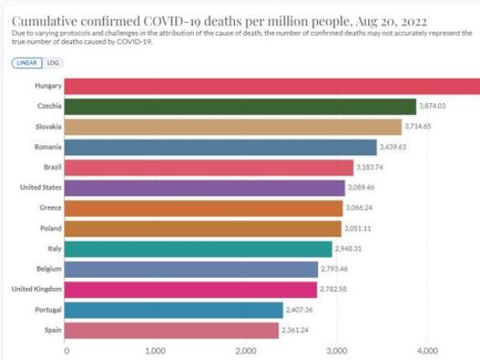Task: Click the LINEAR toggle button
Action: (28, 63)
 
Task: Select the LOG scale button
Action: (53, 63)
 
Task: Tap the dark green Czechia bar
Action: (240, 106)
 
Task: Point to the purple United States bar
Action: (205, 187)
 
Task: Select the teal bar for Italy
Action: (198, 248)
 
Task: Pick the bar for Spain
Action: (172, 330)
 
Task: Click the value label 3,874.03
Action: (439, 106)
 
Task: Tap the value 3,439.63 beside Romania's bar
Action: (399, 147)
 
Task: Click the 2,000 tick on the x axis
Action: (245, 351)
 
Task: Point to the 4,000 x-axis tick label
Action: (425, 351)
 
